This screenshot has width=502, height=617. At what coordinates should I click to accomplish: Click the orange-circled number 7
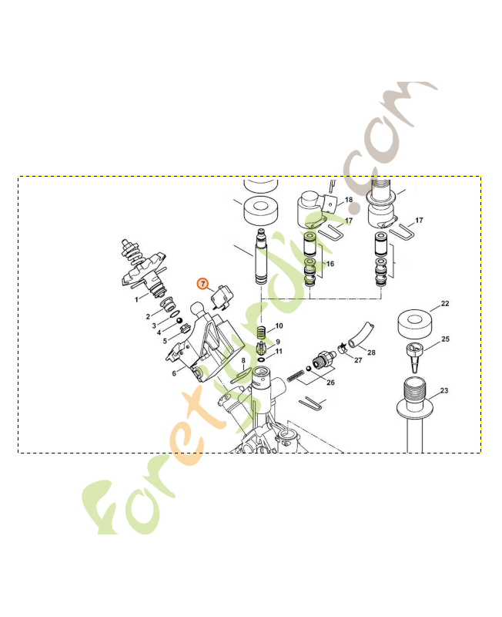pos(203,283)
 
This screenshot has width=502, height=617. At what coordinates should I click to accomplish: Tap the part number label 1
pos(136,298)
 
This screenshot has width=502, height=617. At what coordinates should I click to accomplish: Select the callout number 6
pos(174,373)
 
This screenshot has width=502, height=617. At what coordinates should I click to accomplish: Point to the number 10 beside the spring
pos(279,326)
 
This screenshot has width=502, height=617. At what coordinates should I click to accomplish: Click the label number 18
pos(348,200)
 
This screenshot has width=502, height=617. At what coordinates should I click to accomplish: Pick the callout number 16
pos(330,264)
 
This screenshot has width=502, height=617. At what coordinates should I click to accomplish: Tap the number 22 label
pos(445,304)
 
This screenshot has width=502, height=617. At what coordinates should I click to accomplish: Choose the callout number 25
pos(445,339)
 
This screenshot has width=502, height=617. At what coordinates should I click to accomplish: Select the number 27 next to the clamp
pos(357,359)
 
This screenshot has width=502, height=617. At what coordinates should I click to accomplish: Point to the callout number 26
pos(331,383)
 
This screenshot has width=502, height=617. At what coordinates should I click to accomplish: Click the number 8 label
pos(243,360)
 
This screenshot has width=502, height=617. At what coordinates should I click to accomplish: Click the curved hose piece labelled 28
pos(358,337)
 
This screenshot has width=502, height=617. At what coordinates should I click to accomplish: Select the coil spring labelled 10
pos(262,332)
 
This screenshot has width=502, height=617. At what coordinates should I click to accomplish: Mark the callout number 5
pos(164,340)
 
